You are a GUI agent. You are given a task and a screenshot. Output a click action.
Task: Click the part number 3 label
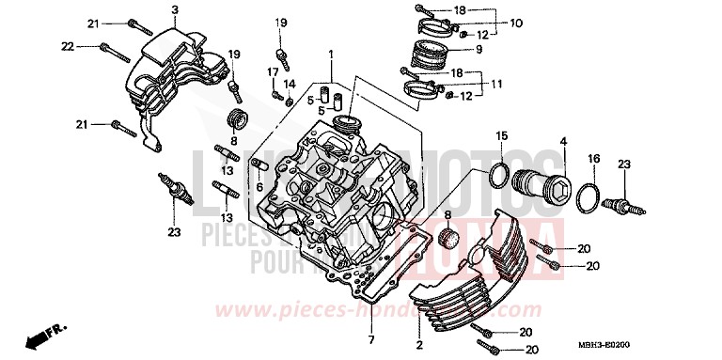176,9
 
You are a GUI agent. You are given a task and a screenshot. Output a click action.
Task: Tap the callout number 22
67,46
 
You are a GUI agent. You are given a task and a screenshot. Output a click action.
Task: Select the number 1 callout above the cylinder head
331,55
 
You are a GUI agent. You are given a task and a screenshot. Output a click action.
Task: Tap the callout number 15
503,135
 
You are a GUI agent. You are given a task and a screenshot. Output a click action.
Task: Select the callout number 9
479,49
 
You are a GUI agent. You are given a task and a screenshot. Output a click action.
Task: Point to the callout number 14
290,84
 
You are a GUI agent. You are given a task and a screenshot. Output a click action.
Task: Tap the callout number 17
271,71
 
